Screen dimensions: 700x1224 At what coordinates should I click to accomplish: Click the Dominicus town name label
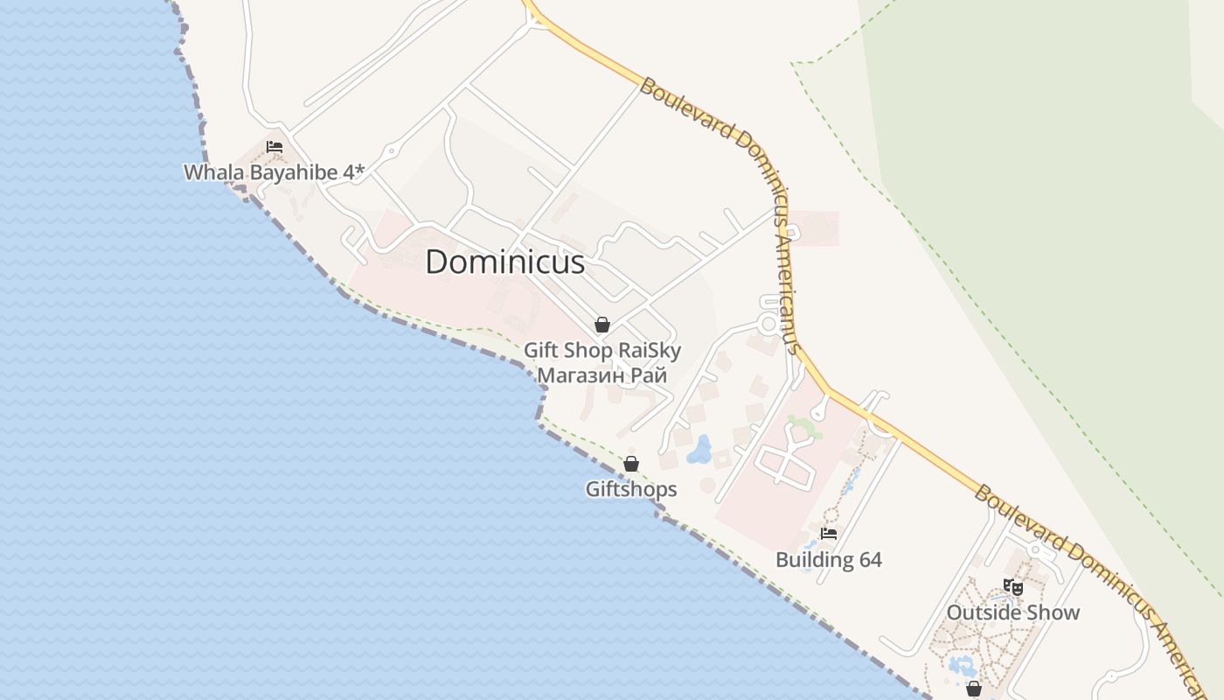click(504, 262)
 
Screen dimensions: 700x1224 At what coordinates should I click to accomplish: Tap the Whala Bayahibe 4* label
click(274, 172)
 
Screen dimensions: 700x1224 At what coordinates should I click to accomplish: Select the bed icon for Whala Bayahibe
click(275, 147)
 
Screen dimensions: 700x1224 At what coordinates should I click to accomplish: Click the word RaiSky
click(650, 351)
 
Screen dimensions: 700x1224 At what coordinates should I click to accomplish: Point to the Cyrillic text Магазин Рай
click(602, 375)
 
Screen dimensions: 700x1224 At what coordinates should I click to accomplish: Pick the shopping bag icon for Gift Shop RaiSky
click(602, 325)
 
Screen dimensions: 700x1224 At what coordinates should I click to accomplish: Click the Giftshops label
click(631, 489)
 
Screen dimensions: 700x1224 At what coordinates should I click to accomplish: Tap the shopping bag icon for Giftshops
click(631, 464)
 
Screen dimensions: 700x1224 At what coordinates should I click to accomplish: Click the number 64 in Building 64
click(869, 560)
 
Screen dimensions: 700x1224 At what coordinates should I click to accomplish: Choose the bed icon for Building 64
click(829, 533)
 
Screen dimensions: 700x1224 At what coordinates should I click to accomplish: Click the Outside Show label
click(1013, 612)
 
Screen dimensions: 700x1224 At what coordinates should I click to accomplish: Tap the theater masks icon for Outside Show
click(1013, 586)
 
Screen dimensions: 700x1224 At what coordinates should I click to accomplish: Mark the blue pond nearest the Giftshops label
click(699, 451)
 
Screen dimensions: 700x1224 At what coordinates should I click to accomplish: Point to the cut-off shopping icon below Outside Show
click(974, 689)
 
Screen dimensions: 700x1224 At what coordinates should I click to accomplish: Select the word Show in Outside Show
click(1058, 612)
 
